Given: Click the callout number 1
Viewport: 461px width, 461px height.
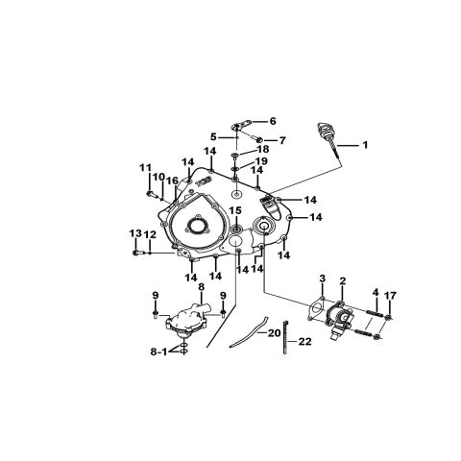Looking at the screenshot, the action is click(365, 145).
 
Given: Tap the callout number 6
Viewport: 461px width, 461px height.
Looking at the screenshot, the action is click(273, 121).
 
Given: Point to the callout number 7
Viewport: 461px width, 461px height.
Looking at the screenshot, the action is click(281, 140).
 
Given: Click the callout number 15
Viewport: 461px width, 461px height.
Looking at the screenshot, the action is click(236, 210).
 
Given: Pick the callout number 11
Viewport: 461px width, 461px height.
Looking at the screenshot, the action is click(145, 167).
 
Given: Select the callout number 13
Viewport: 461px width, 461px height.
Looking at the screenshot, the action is click(135, 233).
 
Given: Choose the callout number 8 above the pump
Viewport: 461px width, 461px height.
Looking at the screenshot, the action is click(201, 287).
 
